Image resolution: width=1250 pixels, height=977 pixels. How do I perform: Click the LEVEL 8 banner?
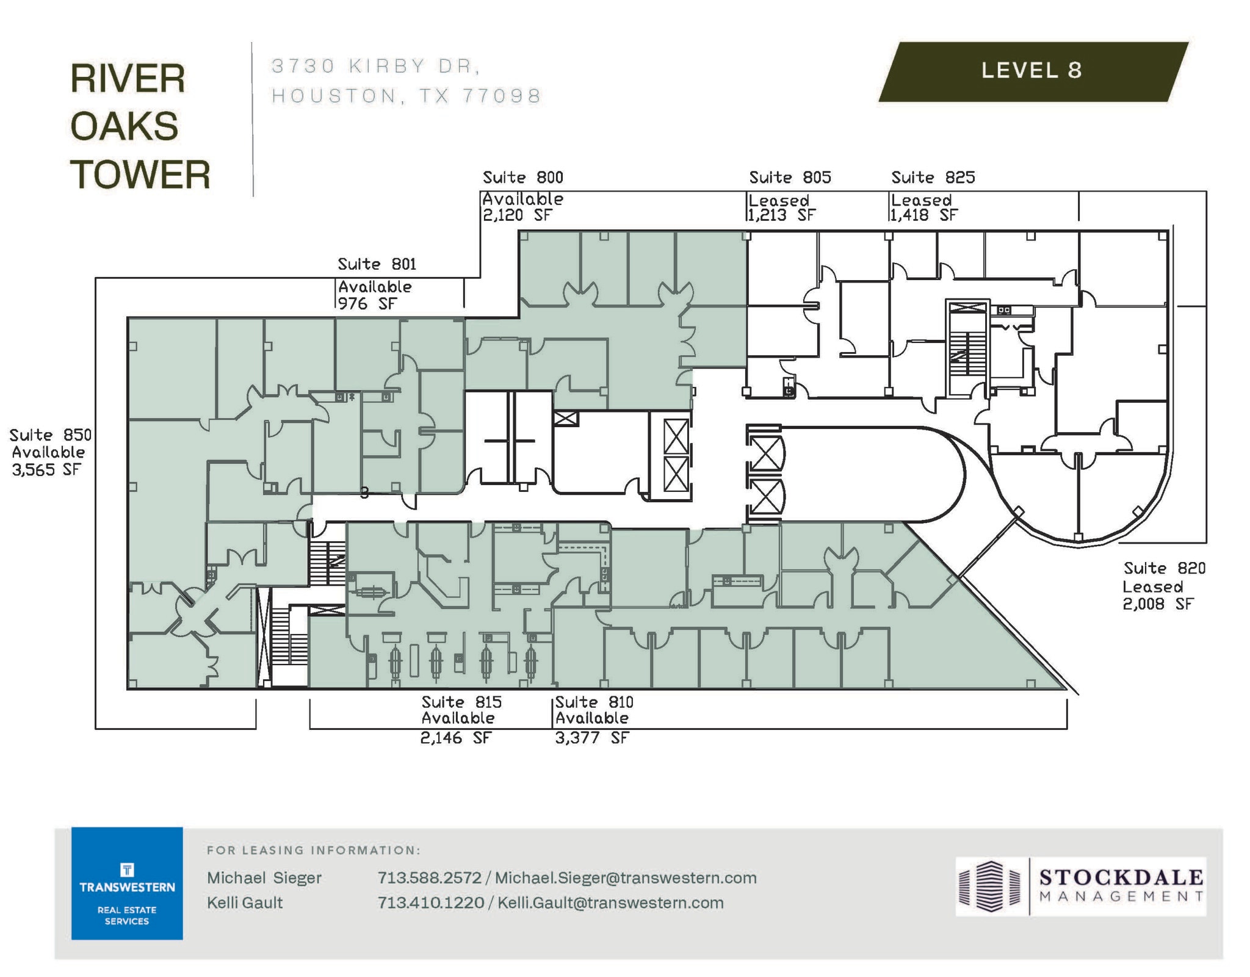[1031, 71]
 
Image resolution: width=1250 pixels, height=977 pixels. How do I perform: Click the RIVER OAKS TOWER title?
[139, 127]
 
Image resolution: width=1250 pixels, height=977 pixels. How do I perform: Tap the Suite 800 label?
[523, 178]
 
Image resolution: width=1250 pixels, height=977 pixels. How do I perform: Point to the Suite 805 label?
[790, 178]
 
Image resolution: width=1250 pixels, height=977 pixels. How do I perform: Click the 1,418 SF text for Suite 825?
[924, 215]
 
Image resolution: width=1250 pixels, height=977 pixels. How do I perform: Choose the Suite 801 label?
[377, 264]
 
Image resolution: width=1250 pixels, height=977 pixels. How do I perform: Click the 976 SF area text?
[367, 303]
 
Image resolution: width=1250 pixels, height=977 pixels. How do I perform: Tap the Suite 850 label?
[50, 435]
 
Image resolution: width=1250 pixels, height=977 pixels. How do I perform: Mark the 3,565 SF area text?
[46, 469]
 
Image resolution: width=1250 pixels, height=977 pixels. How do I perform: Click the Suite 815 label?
[461, 702]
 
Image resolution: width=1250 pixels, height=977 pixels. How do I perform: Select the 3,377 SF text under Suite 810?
[591, 738]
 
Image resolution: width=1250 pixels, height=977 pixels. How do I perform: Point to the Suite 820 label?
[1165, 568]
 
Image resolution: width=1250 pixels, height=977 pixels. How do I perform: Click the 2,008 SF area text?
[1158, 604]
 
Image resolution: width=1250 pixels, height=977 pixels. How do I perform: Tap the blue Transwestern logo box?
[127, 882]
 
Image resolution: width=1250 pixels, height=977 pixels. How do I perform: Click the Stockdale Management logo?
[1080, 886]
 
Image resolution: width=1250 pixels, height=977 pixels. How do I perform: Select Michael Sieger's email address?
[626, 878]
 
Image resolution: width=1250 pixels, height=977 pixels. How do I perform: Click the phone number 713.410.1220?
[430, 903]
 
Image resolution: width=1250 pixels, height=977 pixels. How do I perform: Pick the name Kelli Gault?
[245, 903]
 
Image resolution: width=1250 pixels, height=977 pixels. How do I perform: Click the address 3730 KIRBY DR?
[375, 66]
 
